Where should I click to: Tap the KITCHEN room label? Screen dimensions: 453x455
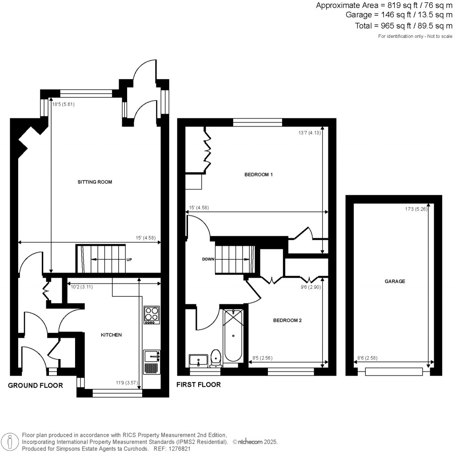point(111,335)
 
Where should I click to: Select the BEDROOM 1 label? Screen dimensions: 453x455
point(258,174)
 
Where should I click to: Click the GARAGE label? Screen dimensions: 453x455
point(395,281)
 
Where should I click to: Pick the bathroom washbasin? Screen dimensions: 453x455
point(198,360)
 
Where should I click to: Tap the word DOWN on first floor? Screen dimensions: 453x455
point(208,259)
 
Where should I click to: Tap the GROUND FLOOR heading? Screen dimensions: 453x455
point(36,385)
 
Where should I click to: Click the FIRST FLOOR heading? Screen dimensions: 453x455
point(199,384)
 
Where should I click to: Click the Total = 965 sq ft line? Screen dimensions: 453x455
point(403,26)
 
